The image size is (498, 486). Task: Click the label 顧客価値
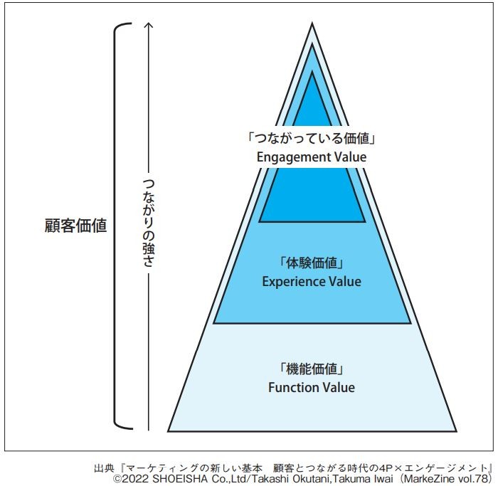pos(75,226)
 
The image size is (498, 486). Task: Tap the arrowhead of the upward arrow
pos(148,27)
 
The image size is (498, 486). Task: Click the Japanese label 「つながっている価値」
pos(311,139)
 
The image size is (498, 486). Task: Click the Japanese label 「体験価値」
pos(311,264)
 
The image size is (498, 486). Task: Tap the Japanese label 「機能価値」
pos(311,370)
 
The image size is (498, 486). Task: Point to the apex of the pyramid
pos(312,25)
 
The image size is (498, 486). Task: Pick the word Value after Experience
pos(345,282)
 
